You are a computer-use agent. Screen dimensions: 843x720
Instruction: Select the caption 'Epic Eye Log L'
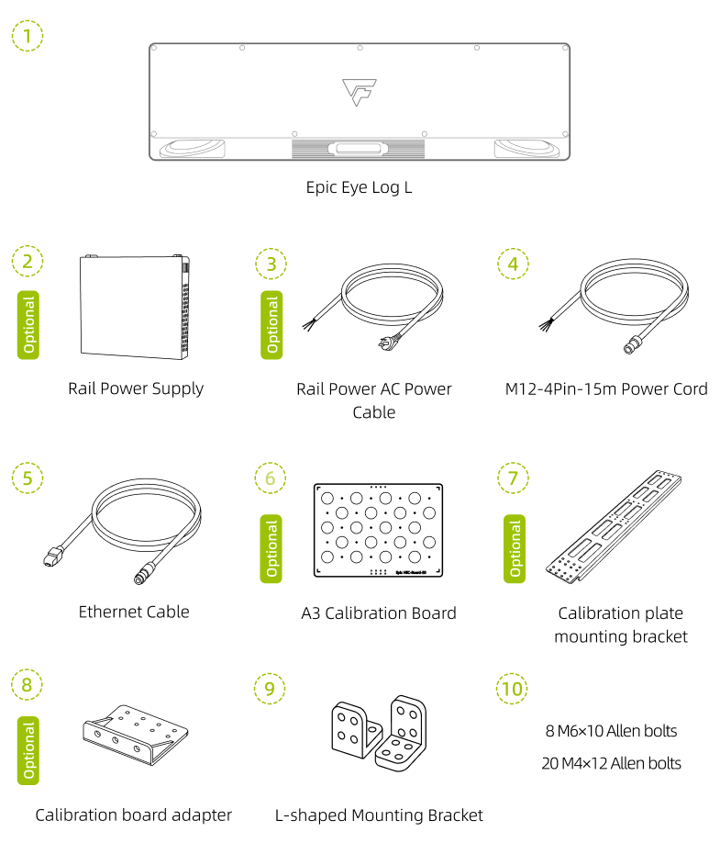coord(360,187)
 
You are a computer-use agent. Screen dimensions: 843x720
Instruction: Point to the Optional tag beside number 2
coord(28,325)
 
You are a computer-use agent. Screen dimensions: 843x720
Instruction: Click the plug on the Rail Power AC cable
coord(378,344)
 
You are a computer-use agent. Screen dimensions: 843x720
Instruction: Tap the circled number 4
coord(513,264)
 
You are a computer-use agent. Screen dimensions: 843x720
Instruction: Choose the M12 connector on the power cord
coord(632,346)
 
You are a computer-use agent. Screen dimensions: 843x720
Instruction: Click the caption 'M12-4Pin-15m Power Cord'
coord(606,388)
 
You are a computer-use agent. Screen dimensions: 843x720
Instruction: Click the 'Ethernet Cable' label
coord(134,612)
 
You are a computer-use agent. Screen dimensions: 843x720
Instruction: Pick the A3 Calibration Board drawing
coord(378,531)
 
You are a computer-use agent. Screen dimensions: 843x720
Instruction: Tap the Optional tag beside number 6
coord(271,548)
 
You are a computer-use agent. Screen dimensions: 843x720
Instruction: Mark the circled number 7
coord(513,478)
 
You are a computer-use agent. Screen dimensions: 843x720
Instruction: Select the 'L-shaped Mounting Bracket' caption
coord(379,815)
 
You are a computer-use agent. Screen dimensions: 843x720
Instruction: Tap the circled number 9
coord(269,688)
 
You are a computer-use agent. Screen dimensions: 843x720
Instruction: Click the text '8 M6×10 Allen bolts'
coord(611,731)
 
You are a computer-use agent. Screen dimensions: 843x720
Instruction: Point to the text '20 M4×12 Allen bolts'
coord(611,762)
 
